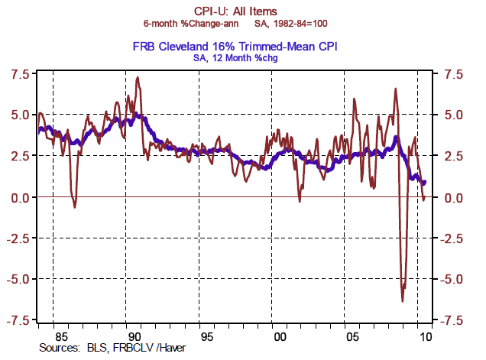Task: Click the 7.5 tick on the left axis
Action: click(18, 74)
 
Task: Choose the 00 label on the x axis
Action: click(280, 335)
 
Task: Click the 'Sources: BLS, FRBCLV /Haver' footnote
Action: click(103, 347)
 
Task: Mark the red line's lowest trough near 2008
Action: click(402, 300)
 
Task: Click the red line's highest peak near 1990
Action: click(137, 77)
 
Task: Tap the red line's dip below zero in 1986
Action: click(74, 207)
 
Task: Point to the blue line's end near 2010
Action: click(425, 182)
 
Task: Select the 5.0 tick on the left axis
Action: click(18, 115)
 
